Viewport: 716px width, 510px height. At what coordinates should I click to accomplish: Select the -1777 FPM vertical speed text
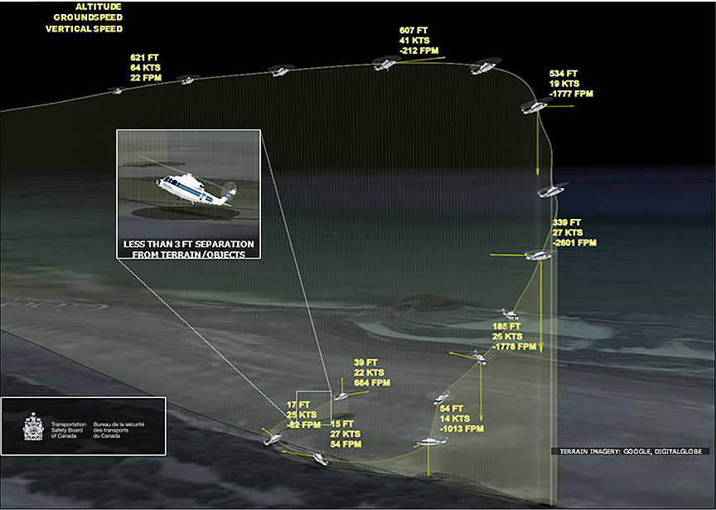(x=572, y=94)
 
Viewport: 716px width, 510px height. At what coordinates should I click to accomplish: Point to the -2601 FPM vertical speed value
(x=574, y=243)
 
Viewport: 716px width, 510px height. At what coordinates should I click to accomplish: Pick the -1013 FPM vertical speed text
(x=461, y=430)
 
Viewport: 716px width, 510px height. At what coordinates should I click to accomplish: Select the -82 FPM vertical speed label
(x=304, y=425)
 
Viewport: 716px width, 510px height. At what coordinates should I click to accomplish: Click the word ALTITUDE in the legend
(x=99, y=6)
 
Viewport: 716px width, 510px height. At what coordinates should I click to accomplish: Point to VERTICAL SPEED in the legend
(x=85, y=29)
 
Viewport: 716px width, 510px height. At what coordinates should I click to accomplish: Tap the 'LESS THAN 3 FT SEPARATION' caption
(x=189, y=245)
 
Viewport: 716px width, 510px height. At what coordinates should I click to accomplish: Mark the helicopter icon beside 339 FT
(x=536, y=255)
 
